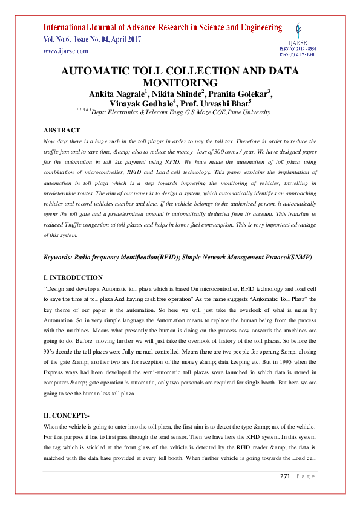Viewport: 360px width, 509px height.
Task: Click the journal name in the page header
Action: click(162, 27)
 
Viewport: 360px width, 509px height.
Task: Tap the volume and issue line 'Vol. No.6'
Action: click(57, 40)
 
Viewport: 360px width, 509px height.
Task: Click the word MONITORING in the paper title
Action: click(180, 82)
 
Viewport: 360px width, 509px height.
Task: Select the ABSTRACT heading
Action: click(62, 130)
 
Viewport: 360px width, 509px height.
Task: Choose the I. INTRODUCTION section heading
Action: click(73, 278)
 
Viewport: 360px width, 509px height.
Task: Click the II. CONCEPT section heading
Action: click(67, 417)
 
